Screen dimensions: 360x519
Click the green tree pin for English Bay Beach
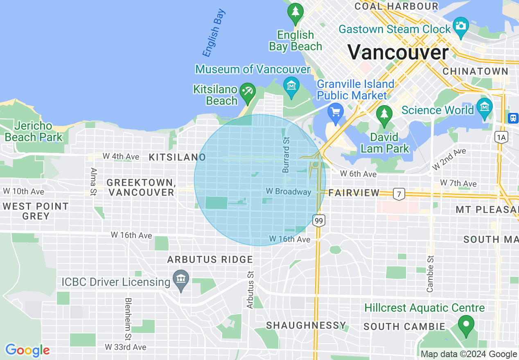(295, 13)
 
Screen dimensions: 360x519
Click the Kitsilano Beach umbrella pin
(247, 92)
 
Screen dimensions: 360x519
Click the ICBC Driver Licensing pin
(181, 280)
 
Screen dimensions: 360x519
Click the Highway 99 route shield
(319, 221)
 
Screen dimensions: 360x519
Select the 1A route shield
(501, 137)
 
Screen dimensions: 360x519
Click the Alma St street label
(94, 182)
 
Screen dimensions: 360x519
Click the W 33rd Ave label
(125, 347)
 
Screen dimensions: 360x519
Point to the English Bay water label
(214, 38)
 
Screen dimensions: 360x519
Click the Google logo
(27, 350)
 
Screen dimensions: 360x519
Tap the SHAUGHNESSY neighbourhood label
(306, 325)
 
